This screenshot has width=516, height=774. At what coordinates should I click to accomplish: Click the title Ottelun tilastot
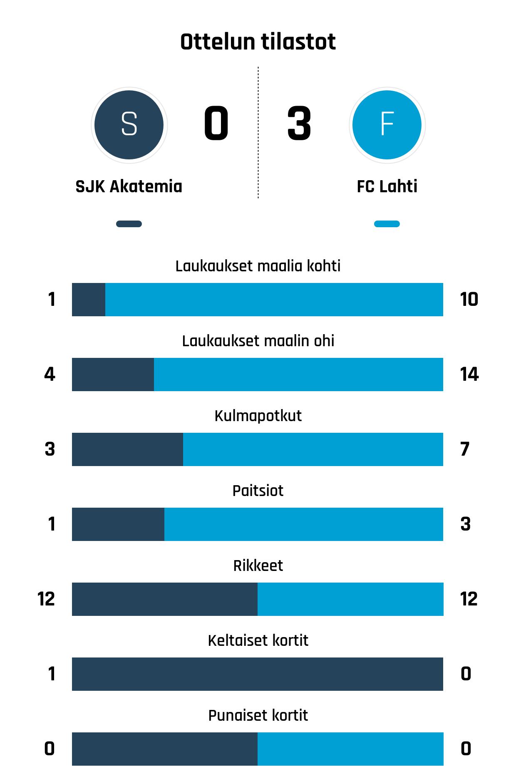[258, 42]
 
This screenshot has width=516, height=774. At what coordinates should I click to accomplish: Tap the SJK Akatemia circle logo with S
[129, 124]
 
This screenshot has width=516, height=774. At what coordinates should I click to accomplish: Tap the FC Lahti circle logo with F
[387, 124]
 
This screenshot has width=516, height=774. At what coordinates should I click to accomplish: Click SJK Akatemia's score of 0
[216, 124]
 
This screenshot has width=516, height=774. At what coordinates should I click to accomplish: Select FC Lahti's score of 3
[299, 124]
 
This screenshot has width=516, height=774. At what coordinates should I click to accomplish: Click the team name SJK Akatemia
[129, 186]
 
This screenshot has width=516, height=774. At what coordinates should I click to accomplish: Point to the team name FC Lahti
[387, 186]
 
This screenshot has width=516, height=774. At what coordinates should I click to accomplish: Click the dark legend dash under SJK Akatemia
[129, 224]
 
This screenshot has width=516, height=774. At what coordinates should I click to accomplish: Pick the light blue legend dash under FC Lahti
[387, 224]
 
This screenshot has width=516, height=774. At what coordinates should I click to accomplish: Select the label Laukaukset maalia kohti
[258, 266]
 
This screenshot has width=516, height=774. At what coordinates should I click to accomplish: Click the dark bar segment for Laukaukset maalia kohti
[89, 300]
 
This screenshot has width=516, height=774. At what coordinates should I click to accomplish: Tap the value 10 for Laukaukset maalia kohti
[469, 300]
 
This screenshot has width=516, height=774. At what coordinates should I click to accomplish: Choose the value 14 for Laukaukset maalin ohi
[469, 375]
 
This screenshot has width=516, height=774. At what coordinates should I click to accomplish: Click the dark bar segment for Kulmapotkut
[127, 449]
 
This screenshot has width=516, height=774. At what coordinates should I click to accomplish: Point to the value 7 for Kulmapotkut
[465, 449]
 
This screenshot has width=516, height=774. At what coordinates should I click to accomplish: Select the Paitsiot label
[258, 491]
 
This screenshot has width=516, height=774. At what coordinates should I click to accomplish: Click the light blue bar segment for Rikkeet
[350, 599]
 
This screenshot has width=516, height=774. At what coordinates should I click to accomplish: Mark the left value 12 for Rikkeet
[46, 599]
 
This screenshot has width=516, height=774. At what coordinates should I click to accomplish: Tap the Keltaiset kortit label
[258, 640]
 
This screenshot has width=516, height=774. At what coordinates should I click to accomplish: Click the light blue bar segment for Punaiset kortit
[350, 749]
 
